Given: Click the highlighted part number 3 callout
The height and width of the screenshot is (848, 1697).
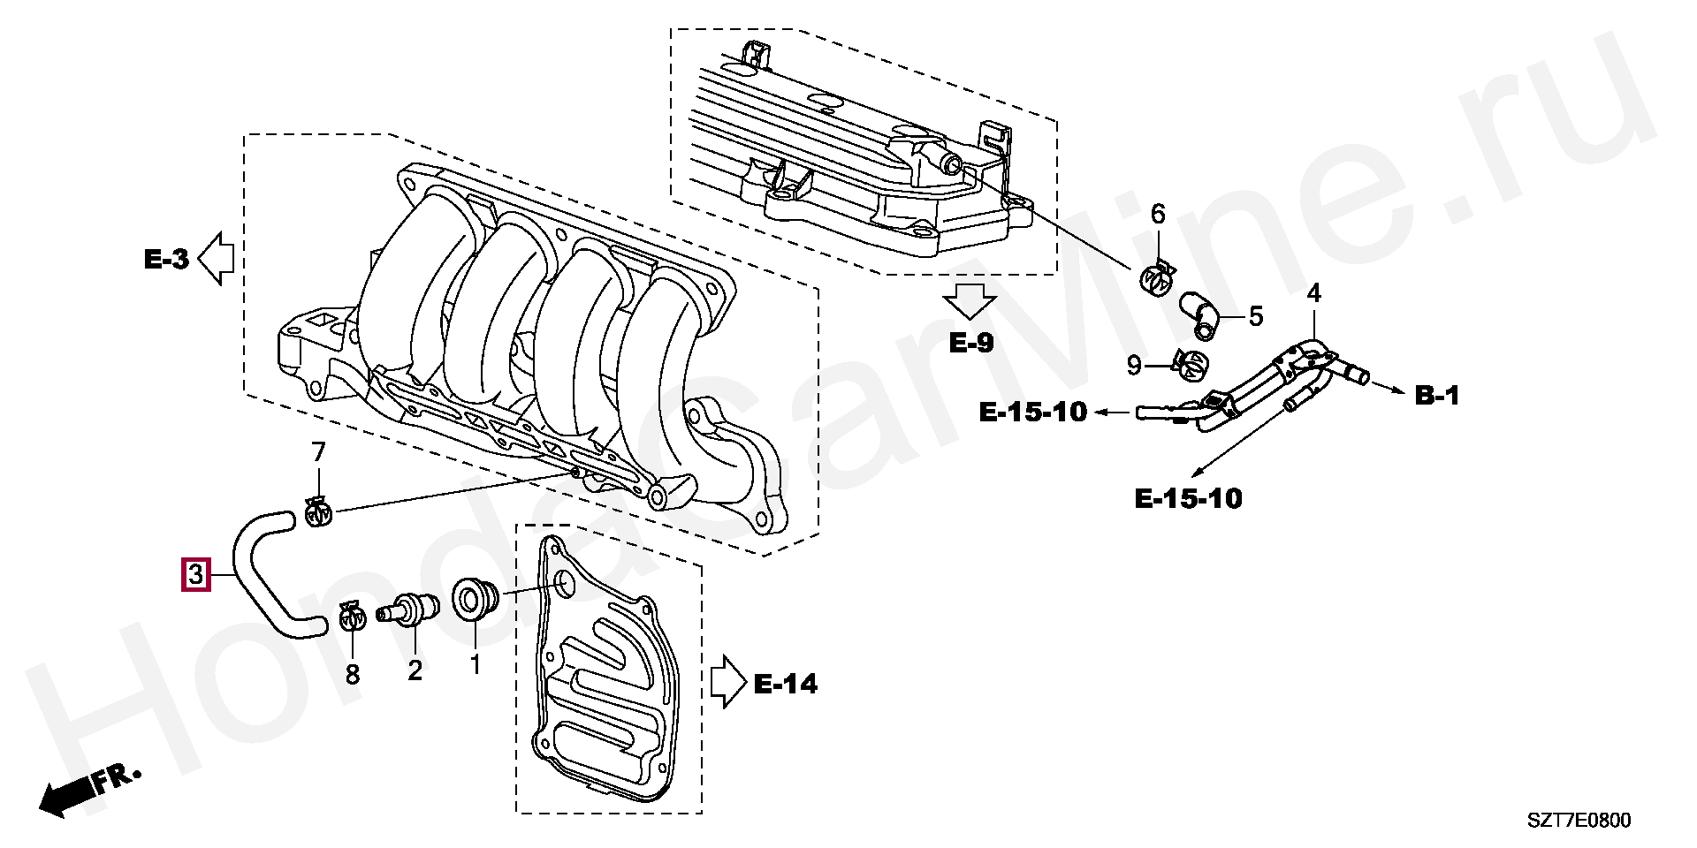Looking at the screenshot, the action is tap(195, 575).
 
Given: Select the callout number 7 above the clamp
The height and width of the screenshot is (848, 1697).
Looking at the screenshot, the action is tap(318, 452).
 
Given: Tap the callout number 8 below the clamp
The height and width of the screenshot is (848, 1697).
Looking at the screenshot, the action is tap(353, 675).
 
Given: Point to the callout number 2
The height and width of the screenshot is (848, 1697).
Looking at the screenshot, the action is tap(415, 670).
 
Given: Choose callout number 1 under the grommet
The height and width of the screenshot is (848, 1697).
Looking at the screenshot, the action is tap(475, 665).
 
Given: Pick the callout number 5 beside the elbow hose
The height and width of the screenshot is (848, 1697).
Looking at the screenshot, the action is tap(1256, 316).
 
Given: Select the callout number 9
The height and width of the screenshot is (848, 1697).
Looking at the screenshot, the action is tap(1135, 365).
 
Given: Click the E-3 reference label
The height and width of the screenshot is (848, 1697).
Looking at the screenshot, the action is tap(166, 259).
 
